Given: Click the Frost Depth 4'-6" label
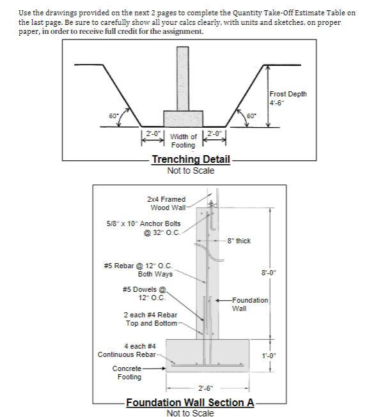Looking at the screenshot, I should (x=288, y=98).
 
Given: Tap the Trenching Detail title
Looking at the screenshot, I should (x=191, y=159).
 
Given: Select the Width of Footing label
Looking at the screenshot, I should (x=184, y=140).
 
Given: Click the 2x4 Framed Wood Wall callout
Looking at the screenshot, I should (x=168, y=203).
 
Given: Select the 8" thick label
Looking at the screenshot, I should (x=239, y=241).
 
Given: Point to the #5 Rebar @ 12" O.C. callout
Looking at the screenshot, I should (x=137, y=269).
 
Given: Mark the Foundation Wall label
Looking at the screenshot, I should (x=250, y=304).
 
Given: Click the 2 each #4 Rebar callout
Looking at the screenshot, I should (x=150, y=319).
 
